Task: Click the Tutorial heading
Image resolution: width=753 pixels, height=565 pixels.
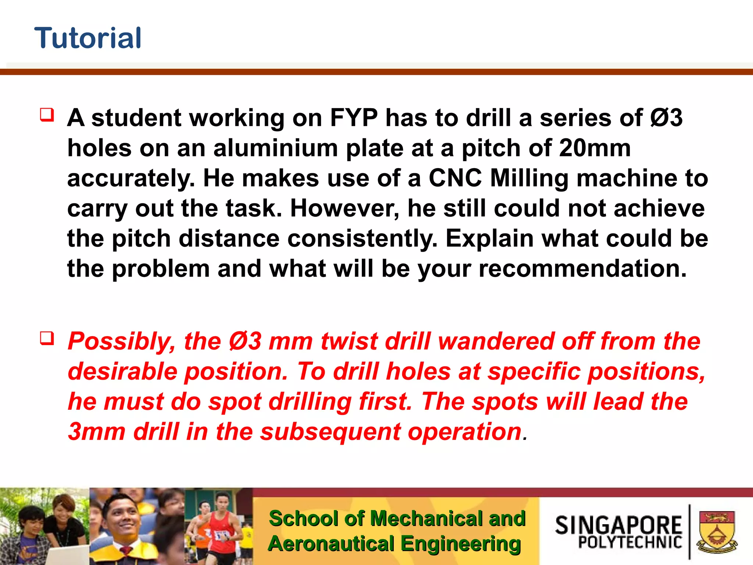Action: point(88,38)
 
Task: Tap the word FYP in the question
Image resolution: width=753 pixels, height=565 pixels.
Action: point(353,118)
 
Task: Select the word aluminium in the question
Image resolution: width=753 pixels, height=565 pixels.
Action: point(275,148)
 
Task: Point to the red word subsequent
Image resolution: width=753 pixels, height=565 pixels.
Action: point(330,431)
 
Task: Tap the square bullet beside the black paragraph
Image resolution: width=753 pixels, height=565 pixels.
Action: point(47,115)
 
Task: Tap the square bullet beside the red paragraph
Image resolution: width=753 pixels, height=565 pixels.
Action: point(47,338)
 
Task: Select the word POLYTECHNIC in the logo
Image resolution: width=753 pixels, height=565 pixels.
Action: point(630,542)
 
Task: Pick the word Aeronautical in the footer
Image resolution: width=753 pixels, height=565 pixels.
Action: point(331,544)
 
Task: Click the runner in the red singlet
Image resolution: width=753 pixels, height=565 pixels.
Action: point(222,530)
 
